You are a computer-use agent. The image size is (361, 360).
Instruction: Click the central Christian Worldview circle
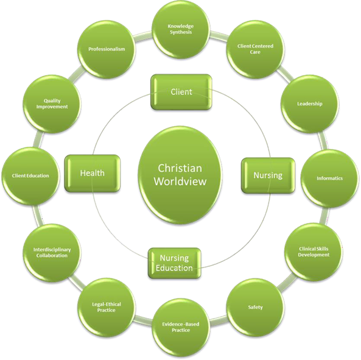pos(180,175)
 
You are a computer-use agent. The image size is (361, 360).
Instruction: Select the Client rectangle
pos(181,92)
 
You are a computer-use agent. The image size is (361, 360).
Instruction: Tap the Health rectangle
pos(93,173)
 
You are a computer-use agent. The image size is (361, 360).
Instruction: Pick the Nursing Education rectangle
pos(174,263)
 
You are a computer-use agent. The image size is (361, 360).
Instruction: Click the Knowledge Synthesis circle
pos(181,29)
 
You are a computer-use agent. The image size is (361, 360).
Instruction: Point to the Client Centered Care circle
pos(255,49)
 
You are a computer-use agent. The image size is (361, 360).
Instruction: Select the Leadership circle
pos(310,104)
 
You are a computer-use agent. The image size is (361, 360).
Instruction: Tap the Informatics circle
pos(330,178)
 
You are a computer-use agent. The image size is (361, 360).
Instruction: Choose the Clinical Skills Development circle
pos(314,252)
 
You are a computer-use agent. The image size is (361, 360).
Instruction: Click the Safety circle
pos(255,307)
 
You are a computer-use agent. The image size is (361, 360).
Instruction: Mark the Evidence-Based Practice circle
pos(181,327)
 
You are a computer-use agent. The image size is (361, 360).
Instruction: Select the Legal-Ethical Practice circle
pos(106,307)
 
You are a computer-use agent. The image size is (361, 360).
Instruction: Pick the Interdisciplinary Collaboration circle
pos(52,253)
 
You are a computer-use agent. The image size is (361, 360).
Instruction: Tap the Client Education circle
pos(30,176)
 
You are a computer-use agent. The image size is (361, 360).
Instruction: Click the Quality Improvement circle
pos(52,104)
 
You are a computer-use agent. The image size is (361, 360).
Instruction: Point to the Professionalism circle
pos(107,49)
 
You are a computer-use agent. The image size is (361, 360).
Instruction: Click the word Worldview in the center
pos(180,182)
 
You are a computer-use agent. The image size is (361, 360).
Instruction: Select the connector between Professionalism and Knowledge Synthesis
pos(143,36)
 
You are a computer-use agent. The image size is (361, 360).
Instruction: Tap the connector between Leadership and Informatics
pos(323,141)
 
